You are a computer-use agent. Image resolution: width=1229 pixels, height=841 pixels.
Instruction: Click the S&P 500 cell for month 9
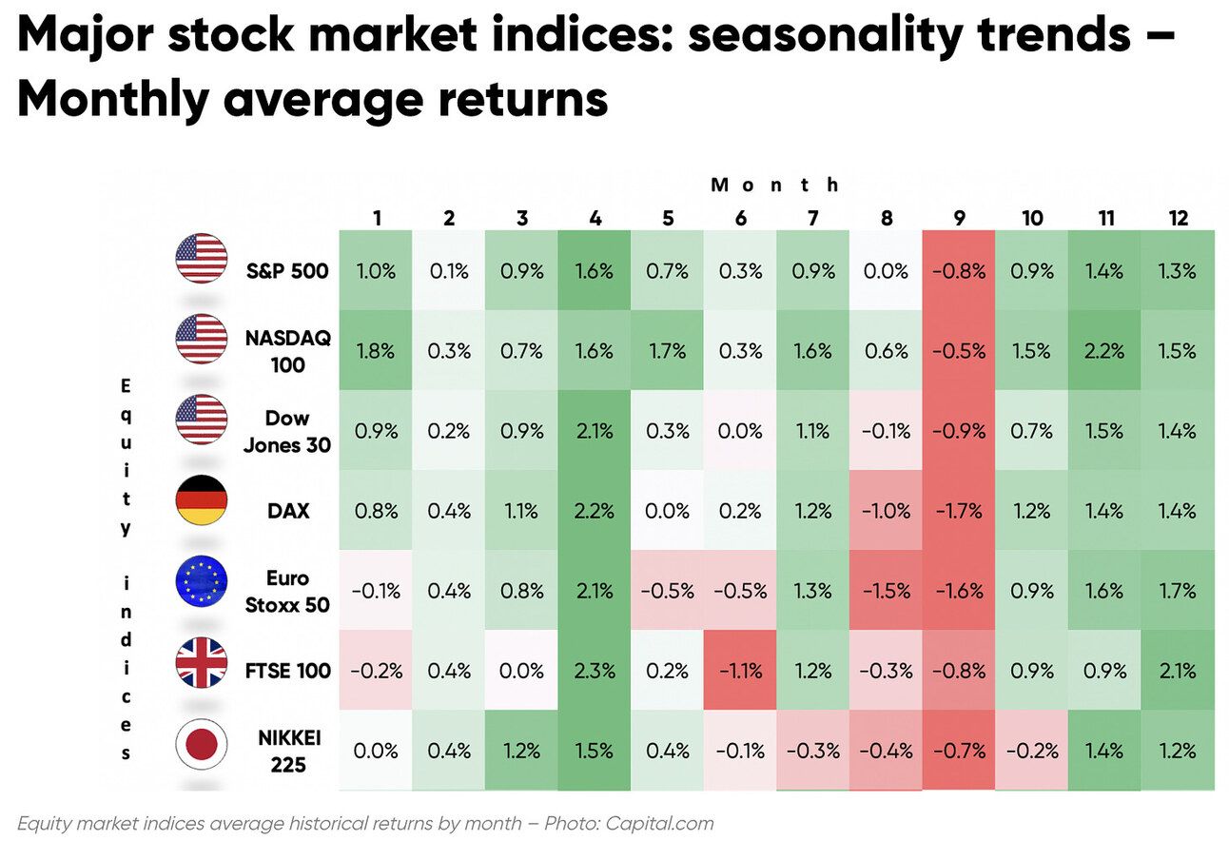959,271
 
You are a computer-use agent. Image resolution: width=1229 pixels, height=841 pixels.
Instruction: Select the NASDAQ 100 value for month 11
1104,351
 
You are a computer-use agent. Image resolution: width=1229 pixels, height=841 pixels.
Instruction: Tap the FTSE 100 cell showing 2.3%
595,671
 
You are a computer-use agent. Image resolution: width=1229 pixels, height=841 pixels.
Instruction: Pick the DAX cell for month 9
959,511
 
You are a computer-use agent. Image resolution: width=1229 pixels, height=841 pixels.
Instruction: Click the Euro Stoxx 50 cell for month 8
886,591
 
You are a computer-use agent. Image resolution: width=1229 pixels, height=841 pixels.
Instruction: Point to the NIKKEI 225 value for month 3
521,751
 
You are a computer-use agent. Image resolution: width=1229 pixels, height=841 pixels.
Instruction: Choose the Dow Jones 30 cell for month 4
595,431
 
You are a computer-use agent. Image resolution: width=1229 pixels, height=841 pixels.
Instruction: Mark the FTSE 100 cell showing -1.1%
740,671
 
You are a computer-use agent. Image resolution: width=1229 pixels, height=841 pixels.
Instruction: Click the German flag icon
202,500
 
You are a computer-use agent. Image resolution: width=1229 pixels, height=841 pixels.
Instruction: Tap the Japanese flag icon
202,744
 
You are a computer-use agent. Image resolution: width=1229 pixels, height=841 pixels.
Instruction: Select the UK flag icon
202,663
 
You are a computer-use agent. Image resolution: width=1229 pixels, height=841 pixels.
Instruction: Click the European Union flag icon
202,581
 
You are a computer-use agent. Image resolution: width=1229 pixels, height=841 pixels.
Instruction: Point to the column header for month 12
1178,218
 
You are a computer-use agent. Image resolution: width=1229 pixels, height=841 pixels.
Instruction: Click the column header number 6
740,218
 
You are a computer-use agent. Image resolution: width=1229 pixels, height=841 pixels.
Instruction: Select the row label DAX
288,511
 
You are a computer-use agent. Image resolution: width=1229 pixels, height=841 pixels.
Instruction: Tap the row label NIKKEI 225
286,751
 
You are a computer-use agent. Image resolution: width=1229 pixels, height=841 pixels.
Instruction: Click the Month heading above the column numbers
775,185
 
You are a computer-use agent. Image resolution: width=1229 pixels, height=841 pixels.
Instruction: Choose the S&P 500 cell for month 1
377,271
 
